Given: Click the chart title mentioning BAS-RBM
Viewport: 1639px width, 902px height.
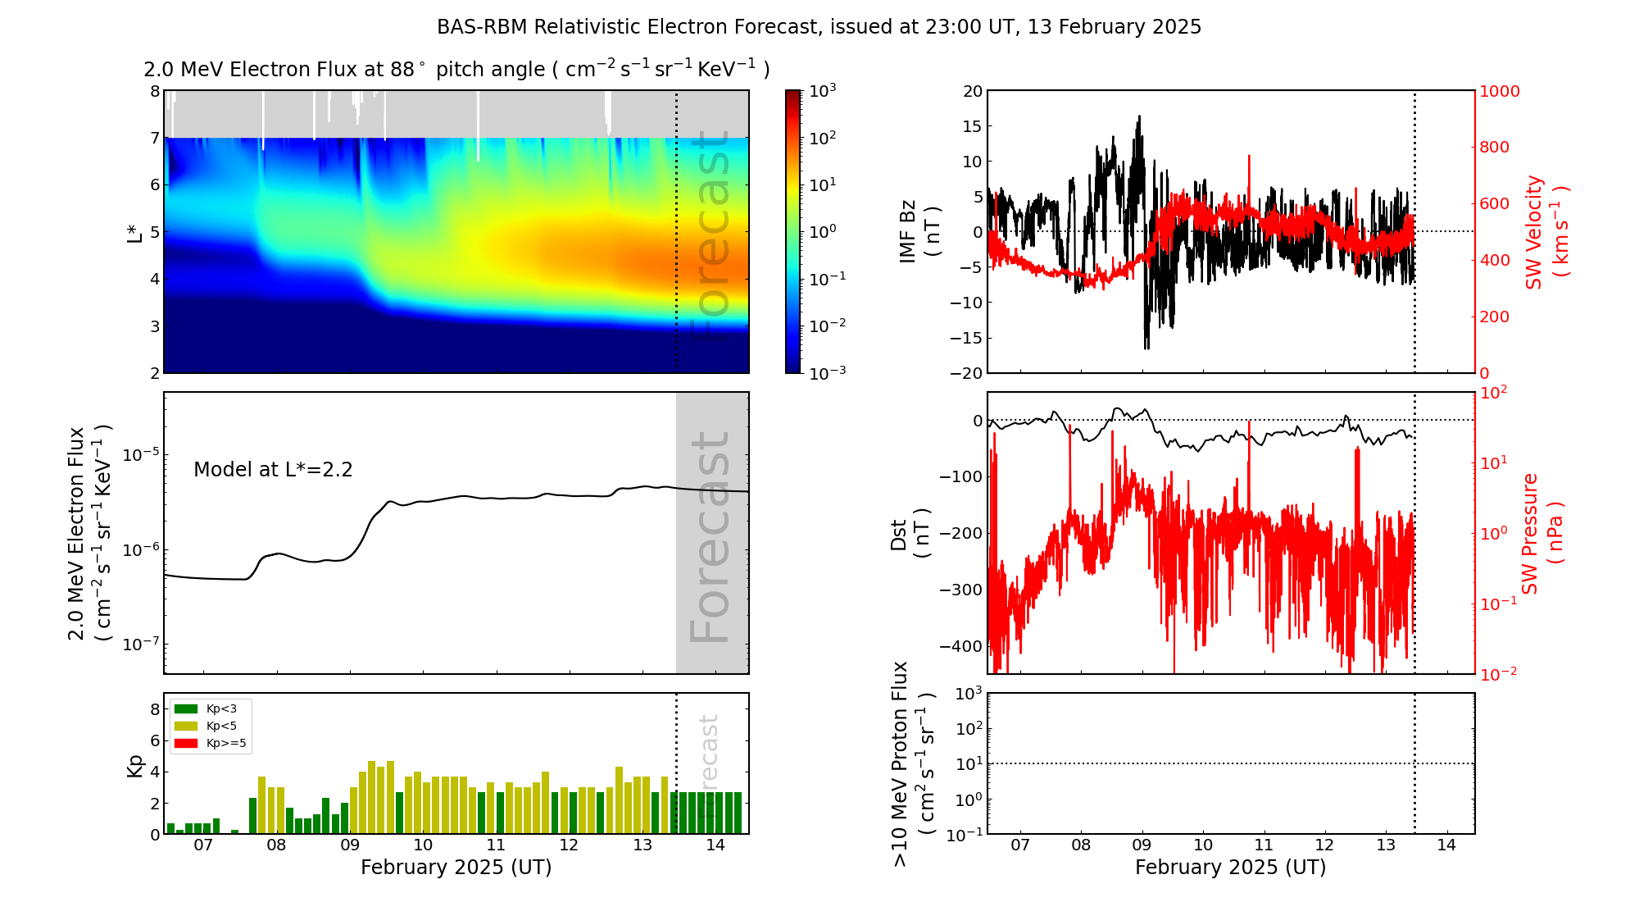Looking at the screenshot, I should [x=819, y=27].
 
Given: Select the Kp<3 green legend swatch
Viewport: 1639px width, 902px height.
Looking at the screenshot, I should [x=186, y=708].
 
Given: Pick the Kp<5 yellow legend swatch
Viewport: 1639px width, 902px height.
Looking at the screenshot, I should [x=186, y=726].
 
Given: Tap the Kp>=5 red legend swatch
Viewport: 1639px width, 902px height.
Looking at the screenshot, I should [x=186, y=744].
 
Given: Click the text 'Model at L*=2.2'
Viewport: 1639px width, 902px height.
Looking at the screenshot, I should [x=273, y=470].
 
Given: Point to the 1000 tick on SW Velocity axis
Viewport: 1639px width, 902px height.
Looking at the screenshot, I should [x=1499, y=91].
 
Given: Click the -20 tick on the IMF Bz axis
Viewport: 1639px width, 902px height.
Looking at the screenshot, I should [x=966, y=373].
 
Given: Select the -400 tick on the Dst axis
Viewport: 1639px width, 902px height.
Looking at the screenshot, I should [x=960, y=646].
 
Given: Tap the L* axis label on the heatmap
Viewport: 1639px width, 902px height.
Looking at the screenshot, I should [x=134, y=231].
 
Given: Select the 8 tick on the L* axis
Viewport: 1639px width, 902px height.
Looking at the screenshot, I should [x=155, y=91].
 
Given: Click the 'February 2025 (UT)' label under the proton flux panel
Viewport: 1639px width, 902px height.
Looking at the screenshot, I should [x=1230, y=868].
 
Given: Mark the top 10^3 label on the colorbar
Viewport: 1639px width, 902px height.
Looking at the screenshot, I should [x=822, y=91].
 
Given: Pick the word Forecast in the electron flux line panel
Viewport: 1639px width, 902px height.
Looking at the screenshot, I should [x=711, y=537].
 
